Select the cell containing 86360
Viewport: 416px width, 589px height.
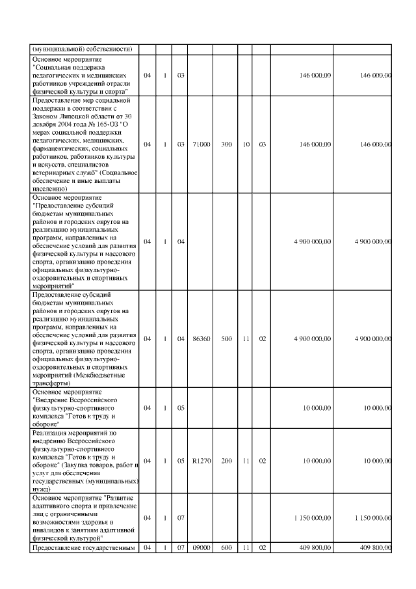click(x=201, y=338)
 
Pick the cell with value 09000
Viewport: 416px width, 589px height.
click(x=201, y=547)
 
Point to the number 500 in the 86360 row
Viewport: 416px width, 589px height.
click(x=226, y=338)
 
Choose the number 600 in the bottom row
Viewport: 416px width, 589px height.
click(x=226, y=547)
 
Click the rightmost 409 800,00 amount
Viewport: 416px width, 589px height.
click(x=375, y=547)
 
